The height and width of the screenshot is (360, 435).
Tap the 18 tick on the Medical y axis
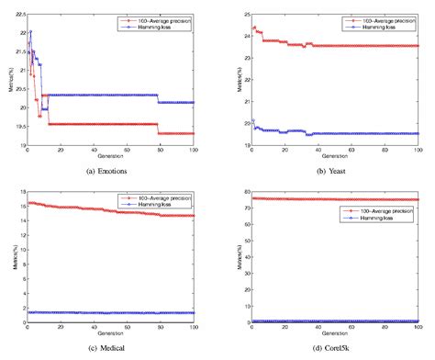[x=19, y=191]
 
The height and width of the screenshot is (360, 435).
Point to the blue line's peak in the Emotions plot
[x=30, y=32]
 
